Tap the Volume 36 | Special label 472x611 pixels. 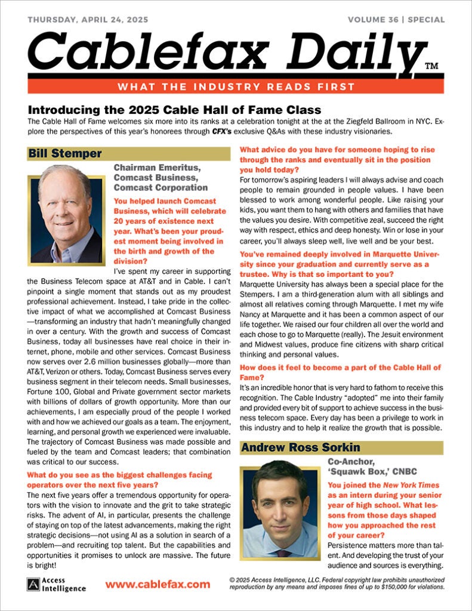(x=396, y=19)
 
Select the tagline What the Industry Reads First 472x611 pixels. (x=236, y=87)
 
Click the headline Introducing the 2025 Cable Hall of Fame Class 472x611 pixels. (x=174, y=110)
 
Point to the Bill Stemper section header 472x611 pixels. (x=64, y=154)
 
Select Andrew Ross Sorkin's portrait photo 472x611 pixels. (x=280, y=513)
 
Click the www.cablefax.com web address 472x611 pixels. (x=158, y=584)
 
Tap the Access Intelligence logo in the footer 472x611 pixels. (x=57, y=584)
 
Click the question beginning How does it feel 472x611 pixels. (x=340, y=373)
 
